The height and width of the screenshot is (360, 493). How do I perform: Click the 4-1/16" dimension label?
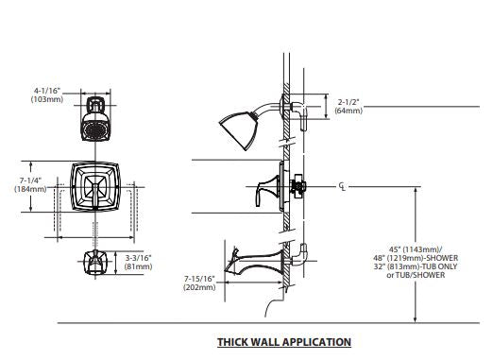coord(47,91)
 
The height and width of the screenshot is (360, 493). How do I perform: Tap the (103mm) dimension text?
coord(47,99)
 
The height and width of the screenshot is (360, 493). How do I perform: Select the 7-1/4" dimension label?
coord(30,180)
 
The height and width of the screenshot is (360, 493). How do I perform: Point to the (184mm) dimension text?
coord(30,189)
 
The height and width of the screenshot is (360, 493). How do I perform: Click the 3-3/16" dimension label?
coord(139,258)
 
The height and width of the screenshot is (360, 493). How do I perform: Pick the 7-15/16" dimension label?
coord(199,279)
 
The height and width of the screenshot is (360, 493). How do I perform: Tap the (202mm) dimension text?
coord(199,287)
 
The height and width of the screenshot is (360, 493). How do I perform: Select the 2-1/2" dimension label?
coord(348,102)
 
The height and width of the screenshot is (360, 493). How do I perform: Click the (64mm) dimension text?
coord(348,111)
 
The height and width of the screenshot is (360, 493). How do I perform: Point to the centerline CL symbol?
coord(342,186)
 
